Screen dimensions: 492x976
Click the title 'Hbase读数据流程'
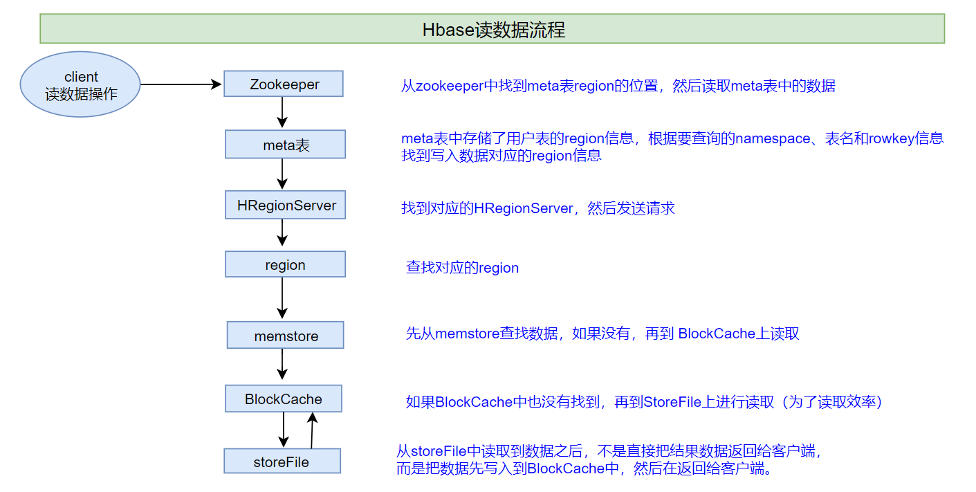point(492,30)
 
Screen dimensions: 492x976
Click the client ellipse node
point(81,84)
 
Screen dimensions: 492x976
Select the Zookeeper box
point(284,84)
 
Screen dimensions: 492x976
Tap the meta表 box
point(285,145)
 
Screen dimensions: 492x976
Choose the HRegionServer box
point(286,206)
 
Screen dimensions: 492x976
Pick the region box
point(285,265)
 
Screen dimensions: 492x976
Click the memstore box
point(286,336)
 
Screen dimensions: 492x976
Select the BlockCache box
point(284,399)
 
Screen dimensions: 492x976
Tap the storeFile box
point(282,462)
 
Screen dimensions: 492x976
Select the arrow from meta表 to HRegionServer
point(282,174)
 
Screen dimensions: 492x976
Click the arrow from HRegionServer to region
point(282,233)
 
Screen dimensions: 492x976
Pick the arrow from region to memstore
point(282,298)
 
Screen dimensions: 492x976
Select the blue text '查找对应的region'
point(462,268)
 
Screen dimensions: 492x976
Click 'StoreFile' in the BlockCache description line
point(672,402)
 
